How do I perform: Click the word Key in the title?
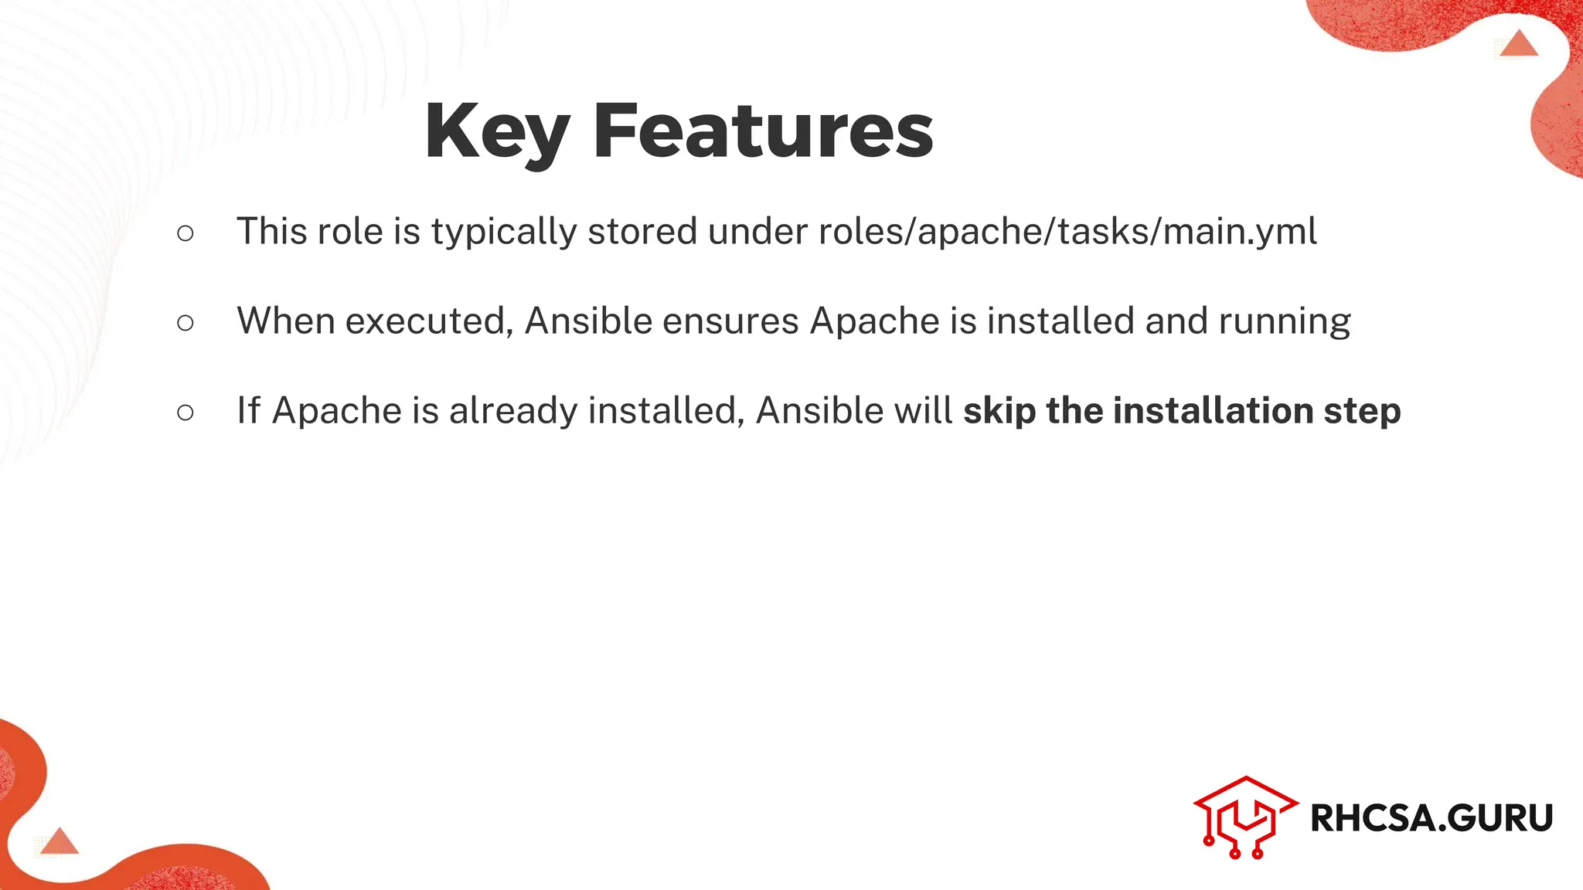497,133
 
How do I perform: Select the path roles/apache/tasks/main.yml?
1067,232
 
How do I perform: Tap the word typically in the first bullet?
503,232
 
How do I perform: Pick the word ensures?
730,321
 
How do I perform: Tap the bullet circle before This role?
185,233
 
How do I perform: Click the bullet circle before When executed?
185,323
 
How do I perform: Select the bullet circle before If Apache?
185,413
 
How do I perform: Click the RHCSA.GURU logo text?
1431,818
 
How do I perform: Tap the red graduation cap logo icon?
1244,817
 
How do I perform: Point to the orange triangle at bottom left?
59,841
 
